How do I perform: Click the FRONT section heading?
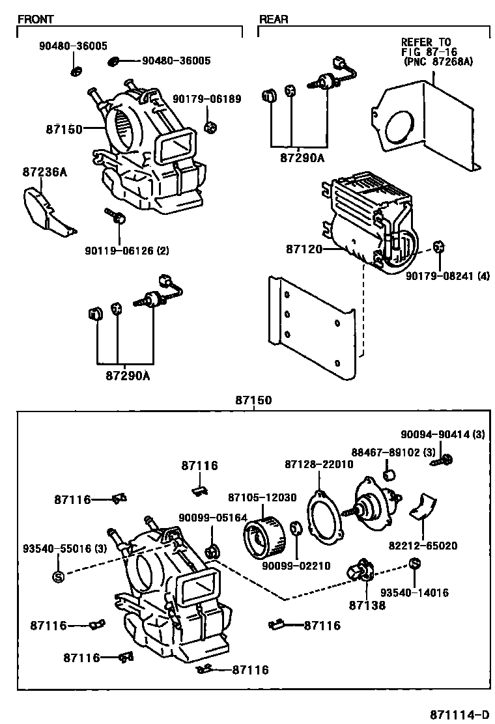point(35,20)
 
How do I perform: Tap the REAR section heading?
point(274,20)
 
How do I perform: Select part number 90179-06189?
point(206,99)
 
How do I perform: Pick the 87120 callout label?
point(304,249)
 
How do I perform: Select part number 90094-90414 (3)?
point(444,434)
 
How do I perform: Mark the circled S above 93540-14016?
point(414,563)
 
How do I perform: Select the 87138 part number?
point(367,605)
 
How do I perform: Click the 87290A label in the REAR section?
point(298,158)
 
